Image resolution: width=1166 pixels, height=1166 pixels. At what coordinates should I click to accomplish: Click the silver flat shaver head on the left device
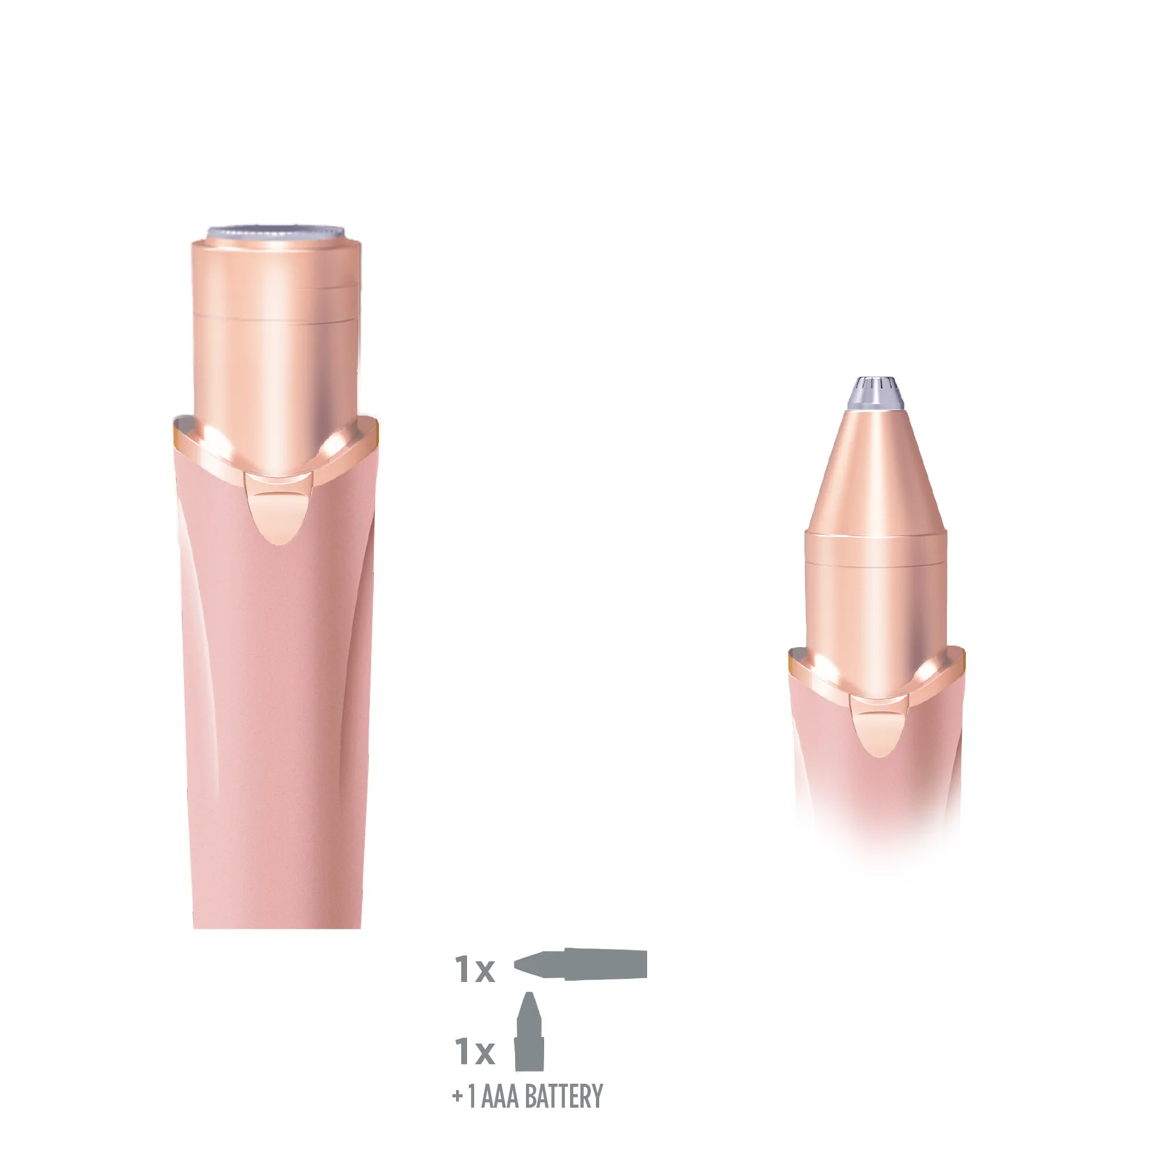coord(275,233)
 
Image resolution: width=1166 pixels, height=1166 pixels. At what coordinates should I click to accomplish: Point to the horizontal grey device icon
coord(580,964)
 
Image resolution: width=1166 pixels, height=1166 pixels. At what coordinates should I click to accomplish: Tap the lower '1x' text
coord(475,1051)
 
